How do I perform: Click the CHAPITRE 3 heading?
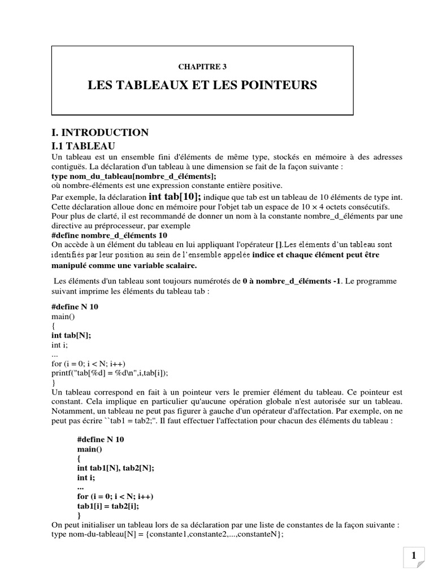202,67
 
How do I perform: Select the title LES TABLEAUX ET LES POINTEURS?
202,85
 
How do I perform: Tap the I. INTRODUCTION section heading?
99,133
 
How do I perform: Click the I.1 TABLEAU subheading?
83,146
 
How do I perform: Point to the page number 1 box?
415,557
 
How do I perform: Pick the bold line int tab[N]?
71,335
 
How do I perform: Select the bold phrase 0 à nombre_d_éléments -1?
274,281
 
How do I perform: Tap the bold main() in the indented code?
89,449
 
